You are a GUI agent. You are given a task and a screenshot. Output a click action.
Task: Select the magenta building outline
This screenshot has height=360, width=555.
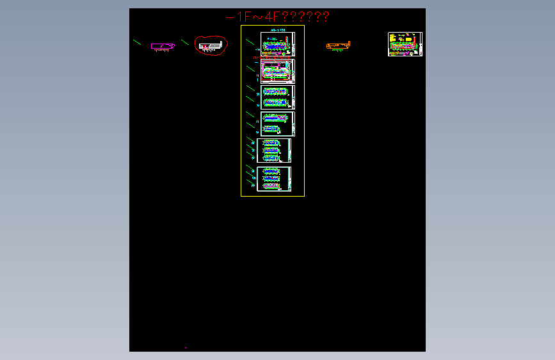[163, 45]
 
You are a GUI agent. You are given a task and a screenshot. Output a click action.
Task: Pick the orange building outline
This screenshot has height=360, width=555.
[338, 45]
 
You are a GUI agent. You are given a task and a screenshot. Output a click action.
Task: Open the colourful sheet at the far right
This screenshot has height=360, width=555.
[405, 44]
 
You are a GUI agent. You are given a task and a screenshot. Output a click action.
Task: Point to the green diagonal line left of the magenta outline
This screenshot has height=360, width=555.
[137, 42]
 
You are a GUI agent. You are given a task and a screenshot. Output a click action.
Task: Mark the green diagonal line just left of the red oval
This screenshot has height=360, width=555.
[185, 42]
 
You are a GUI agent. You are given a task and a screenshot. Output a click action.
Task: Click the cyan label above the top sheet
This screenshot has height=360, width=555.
[278, 29]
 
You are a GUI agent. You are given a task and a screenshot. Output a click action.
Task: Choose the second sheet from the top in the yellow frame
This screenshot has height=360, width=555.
[277, 71]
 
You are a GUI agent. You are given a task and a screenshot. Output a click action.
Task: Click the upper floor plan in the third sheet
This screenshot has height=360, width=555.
[276, 92]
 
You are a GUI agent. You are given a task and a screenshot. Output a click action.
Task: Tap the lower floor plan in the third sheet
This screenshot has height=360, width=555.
[276, 102]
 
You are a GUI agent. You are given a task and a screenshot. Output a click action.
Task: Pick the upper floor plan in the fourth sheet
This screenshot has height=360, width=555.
[276, 118]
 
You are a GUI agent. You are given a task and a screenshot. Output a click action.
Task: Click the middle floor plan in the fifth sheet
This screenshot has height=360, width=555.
[271, 150]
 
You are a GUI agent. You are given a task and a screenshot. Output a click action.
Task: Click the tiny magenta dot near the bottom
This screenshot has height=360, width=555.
[186, 348]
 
